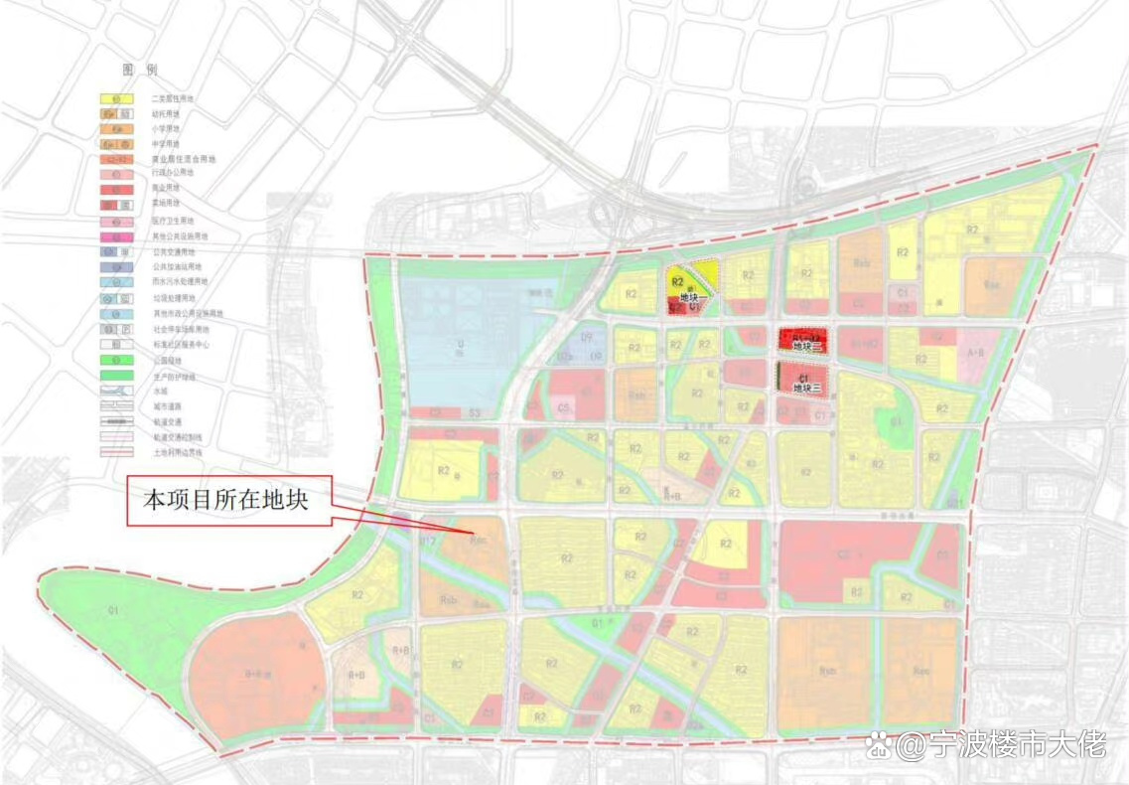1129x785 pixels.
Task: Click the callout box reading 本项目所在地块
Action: [227, 501]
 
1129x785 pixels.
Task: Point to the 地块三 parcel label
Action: [807, 389]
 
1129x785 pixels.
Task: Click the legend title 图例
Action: [139, 71]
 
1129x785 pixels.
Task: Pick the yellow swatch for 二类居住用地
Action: [116, 99]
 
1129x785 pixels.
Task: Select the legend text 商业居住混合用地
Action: [183, 159]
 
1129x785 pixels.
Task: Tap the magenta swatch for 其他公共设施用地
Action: [116, 237]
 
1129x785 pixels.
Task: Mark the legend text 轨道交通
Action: [166, 421]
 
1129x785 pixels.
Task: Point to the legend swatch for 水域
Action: [116, 392]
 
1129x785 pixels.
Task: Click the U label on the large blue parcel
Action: [460, 345]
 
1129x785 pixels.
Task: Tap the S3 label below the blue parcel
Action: [475, 411]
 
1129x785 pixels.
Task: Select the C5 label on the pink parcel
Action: [563, 406]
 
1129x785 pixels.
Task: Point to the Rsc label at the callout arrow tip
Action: [479, 542]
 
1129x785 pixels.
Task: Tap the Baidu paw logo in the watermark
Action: [878, 746]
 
